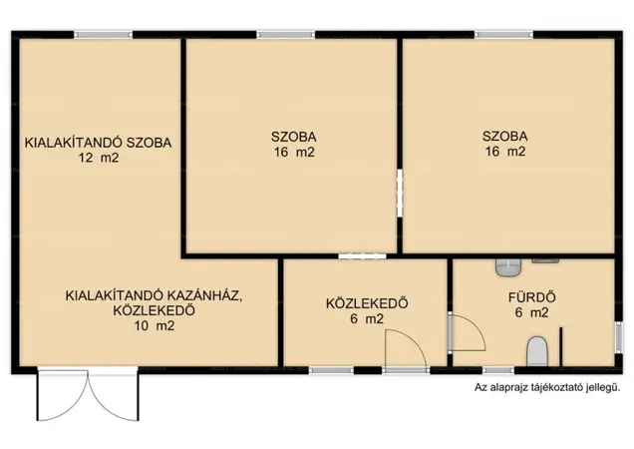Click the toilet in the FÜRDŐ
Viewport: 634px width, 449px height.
click(x=537, y=351)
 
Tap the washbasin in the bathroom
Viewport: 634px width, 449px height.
click(x=508, y=267)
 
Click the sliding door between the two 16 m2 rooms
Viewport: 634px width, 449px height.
click(x=400, y=194)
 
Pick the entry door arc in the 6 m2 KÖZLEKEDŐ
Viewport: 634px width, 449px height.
click(x=406, y=350)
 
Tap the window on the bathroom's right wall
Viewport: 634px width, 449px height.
click(x=618, y=334)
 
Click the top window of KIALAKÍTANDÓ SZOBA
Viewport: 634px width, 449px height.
click(x=103, y=35)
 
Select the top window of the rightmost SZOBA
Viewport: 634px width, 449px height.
click(x=503, y=35)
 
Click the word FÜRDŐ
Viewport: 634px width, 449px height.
click(x=531, y=297)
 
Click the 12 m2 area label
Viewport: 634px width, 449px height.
click(x=99, y=157)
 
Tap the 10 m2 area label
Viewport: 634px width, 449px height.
click(x=155, y=325)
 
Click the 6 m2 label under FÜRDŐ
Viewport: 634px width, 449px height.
click(x=531, y=312)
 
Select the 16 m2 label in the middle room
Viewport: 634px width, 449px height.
click(x=294, y=153)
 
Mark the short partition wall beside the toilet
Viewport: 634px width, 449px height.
click(x=561, y=346)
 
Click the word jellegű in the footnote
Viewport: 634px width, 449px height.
click(x=604, y=387)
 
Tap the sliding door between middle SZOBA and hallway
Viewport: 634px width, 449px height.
click(x=362, y=255)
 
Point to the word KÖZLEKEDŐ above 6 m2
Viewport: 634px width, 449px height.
click(x=367, y=303)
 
